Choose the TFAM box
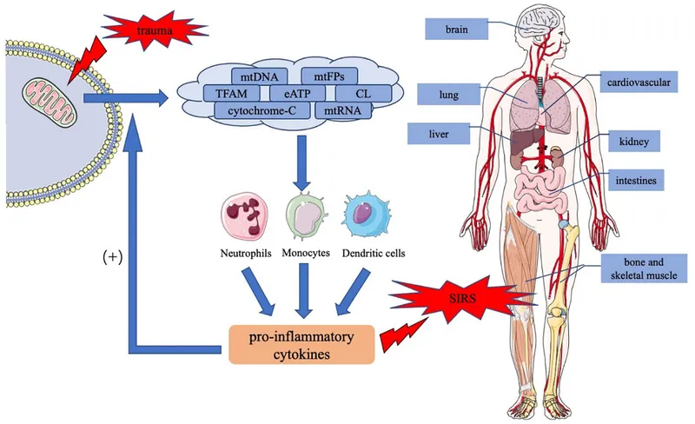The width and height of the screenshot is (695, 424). [228, 93]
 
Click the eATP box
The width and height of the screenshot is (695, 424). [297, 93]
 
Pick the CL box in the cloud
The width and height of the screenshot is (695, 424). [362, 93]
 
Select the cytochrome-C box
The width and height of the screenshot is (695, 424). [260, 110]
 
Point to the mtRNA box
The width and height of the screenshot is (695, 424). [341, 110]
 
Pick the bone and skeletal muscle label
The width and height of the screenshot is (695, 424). [639, 269]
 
